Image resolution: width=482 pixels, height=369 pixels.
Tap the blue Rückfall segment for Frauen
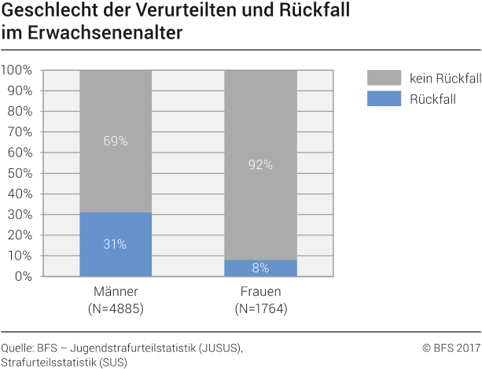[260, 268]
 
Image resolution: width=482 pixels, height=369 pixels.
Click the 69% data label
[116, 142]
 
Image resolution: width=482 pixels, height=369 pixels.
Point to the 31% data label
[116, 244]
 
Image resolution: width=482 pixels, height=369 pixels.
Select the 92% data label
[260, 164]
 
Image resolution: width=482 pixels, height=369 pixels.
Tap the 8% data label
[260, 268]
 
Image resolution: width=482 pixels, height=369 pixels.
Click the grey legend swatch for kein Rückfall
[383, 78]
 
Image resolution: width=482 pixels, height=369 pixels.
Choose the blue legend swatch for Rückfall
[383, 98]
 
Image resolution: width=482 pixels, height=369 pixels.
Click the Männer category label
[115, 293]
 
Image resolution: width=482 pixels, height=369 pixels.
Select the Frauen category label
[260, 293]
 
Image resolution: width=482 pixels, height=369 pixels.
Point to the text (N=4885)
[115, 309]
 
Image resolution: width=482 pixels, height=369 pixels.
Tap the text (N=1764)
[260, 309]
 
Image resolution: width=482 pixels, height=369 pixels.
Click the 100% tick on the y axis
[17, 70]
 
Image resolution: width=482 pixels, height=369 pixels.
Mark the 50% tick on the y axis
[20, 173]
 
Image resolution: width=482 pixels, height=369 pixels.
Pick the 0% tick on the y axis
[23, 276]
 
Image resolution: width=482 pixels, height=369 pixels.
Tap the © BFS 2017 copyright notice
[451, 347]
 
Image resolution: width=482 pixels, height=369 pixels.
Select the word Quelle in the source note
[17, 347]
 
